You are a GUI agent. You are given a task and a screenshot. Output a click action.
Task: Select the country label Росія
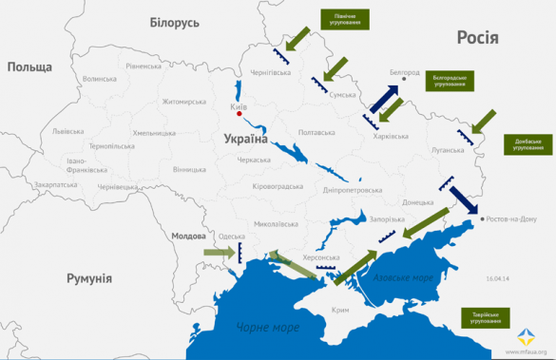(x=479, y=37)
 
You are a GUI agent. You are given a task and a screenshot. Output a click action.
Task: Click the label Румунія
(x=89, y=278)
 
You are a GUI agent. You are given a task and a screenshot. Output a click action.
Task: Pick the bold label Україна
(x=245, y=139)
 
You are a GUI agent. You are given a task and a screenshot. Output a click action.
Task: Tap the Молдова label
(x=188, y=236)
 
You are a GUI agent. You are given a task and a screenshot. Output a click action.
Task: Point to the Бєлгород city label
(x=404, y=71)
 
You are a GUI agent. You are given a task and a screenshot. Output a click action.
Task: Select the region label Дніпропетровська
(x=351, y=189)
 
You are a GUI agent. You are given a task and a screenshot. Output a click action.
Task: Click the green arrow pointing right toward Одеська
(x=218, y=252)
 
